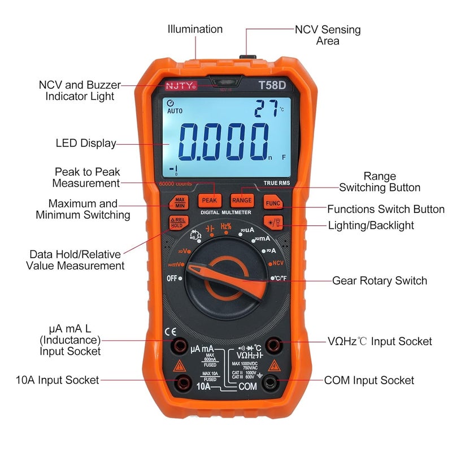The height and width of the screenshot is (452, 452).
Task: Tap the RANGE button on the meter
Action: point(242,199)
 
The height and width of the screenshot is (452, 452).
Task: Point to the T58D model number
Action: point(272,86)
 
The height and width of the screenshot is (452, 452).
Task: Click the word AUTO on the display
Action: point(175,111)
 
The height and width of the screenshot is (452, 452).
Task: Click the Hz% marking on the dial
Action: point(226,227)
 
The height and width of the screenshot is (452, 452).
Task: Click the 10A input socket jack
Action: point(182,382)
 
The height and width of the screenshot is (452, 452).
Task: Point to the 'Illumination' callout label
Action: point(195,29)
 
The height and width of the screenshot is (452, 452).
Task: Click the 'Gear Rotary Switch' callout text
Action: point(379,281)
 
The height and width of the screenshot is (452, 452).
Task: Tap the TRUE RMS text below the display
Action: point(277,182)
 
